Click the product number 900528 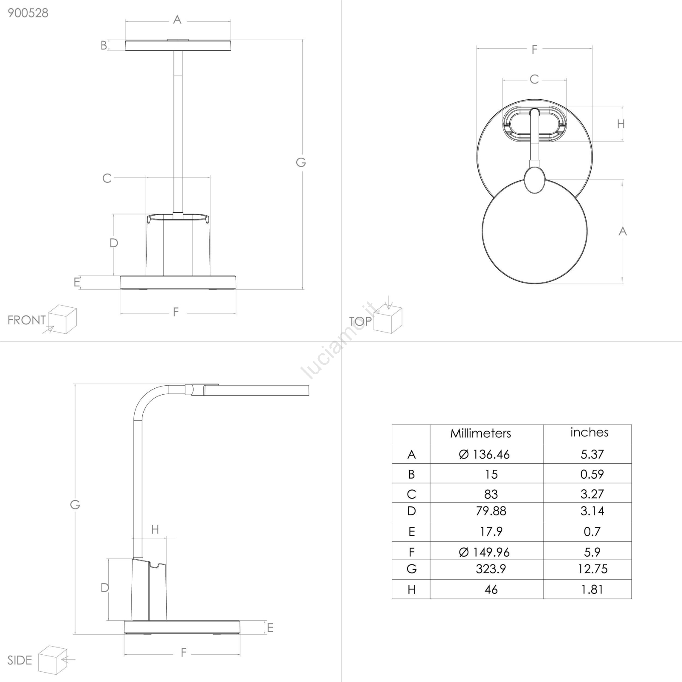point(28,13)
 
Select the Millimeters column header point(480,433)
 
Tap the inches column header point(589,432)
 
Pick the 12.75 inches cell point(592,569)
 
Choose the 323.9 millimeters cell point(491,569)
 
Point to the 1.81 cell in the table point(592,590)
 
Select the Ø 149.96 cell point(484,552)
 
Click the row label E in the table point(411,532)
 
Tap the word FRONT point(26,320)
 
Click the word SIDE point(20,660)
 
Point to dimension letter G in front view point(301,162)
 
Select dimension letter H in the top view point(621,124)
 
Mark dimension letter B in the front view point(104,45)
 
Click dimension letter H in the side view point(155,529)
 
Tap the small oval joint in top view point(535,180)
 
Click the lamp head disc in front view point(178,45)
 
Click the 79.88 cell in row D point(491,511)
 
